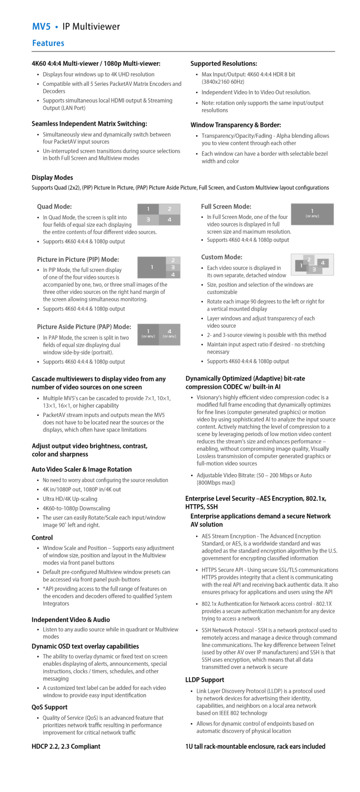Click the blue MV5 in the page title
click(x=41, y=27)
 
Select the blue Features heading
click(x=48, y=43)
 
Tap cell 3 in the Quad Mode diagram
click(x=148, y=219)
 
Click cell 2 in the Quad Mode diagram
click(x=170, y=209)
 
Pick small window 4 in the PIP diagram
click(x=173, y=275)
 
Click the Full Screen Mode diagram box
click(x=312, y=214)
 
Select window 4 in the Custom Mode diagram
click(x=322, y=263)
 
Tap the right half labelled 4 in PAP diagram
click(x=169, y=334)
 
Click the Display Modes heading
click(x=52, y=178)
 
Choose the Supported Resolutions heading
click(x=224, y=63)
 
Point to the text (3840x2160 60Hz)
click(x=223, y=82)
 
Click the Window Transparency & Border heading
click(x=235, y=125)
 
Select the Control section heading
click(x=42, y=538)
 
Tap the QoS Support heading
click(x=49, y=707)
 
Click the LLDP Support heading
click(x=204, y=680)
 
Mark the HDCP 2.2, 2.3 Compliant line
click(x=66, y=746)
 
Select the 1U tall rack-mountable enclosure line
click(x=255, y=746)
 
